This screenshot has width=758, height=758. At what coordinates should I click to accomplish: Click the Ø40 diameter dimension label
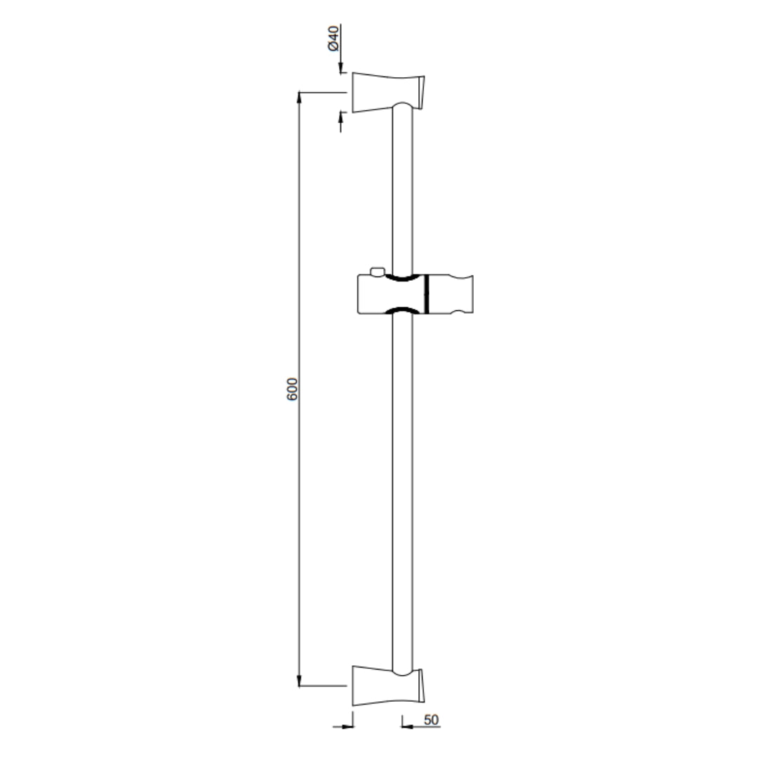(334, 38)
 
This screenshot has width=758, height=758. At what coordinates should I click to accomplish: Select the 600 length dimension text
(293, 390)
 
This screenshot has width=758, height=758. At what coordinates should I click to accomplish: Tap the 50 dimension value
(431, 720)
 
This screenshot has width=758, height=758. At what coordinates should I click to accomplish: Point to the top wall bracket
(387, 91)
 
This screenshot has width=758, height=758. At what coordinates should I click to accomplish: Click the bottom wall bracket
(387, 685)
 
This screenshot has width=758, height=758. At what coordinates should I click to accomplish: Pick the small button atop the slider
(378, 271)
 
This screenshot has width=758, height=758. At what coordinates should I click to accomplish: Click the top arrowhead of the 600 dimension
(300, 97)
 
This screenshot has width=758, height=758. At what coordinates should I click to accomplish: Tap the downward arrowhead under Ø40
(341, 68)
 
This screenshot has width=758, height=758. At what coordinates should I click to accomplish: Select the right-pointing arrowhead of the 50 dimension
(346, 726)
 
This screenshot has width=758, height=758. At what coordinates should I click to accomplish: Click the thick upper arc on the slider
(402, 279)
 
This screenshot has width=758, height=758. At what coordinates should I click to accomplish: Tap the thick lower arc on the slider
(402, 310)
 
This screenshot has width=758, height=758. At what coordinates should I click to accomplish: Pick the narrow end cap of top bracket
(422, 91)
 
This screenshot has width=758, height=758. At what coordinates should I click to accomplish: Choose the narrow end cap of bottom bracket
(422, 685)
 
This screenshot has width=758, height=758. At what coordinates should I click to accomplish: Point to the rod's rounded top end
(402, 105)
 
